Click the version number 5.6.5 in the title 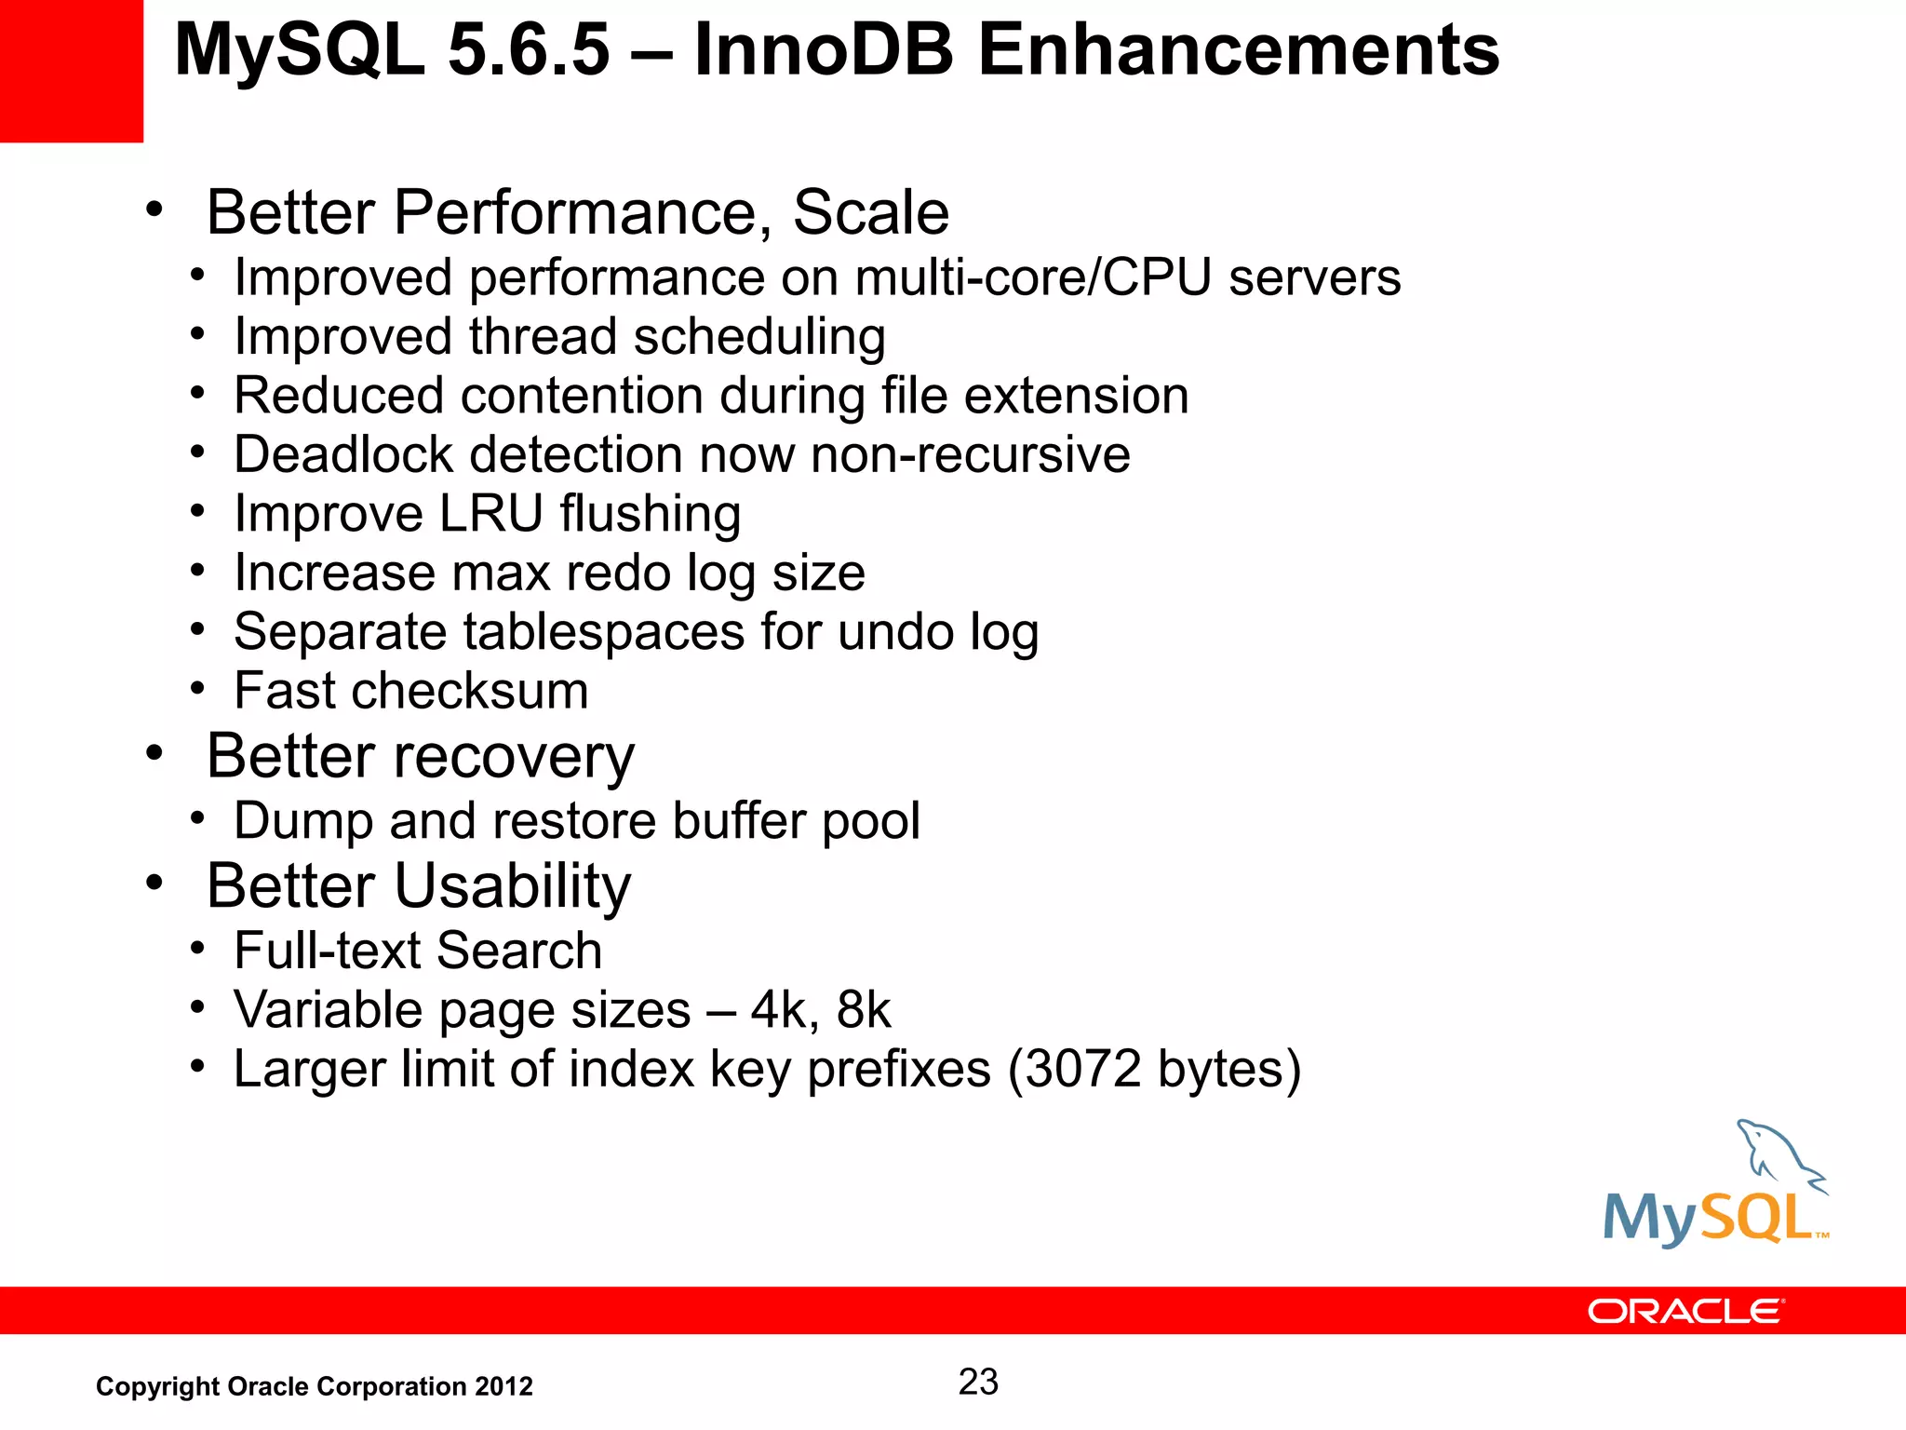(x=529, y=50)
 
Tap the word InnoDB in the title (x=824, y=50)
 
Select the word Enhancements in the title (x=1238, y=50)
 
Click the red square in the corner (x=71, y=71)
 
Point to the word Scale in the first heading (x=870, y=212)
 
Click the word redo (x=621, y=573)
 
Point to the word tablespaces (x=604, y=632)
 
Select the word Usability (x=513, y=885)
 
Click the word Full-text (x=328, y=951)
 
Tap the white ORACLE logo (x=1685, y=1311)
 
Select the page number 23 (x=978, y=1382)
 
